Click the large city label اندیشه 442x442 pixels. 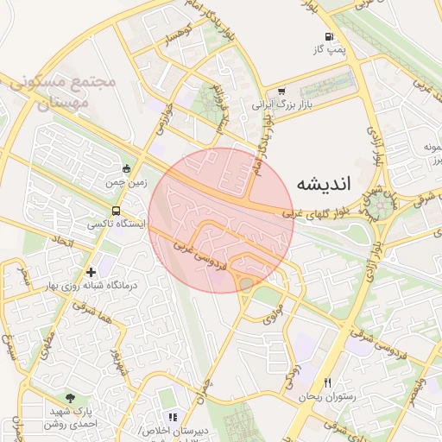324,184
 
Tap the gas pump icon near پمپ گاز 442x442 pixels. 329,36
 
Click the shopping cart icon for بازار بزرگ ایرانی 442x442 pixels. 281,92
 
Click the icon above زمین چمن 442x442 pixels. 127,169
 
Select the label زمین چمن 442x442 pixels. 127,183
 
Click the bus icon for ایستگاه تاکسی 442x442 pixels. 116,211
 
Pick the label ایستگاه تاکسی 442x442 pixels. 117,224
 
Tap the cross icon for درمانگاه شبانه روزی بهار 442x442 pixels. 90,273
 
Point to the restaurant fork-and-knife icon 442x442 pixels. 327,383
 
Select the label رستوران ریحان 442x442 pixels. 322,397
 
